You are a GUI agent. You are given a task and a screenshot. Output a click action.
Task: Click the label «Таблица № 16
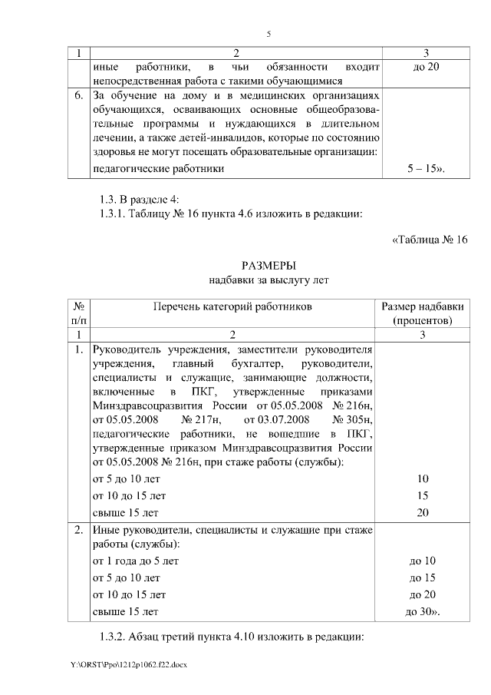tap(430, 240)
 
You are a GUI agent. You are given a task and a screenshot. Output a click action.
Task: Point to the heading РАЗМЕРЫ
tap(269, 266)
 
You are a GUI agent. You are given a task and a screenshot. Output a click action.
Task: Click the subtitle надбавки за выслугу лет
tap(269, 280)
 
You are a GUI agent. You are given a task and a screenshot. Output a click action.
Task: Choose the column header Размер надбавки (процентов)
tap(423, 313)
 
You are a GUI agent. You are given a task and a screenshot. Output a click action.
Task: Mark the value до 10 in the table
tap(423, 561)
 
